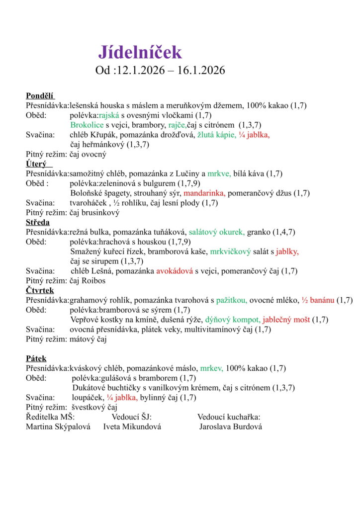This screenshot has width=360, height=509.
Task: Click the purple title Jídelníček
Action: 140,52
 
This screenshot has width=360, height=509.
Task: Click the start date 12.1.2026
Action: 140,71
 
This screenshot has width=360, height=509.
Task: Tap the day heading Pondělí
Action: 40,96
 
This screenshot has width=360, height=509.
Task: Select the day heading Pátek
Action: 36,358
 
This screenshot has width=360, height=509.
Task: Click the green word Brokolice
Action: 87,125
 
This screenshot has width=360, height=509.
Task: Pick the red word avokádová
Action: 174,271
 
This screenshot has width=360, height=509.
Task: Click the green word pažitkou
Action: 231,300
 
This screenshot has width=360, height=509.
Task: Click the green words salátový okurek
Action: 216,232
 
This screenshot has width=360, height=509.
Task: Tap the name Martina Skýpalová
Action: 58,426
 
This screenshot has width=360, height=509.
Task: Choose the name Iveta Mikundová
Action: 132,426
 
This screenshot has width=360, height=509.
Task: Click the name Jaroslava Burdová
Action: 231,426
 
